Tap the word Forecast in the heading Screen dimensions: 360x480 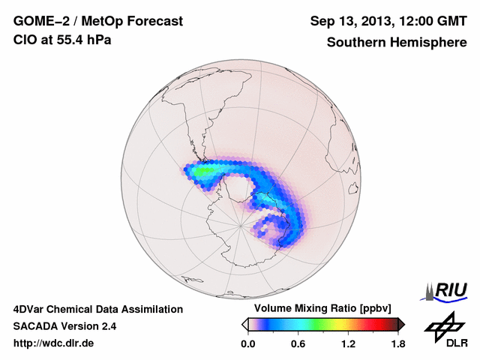(154, 22)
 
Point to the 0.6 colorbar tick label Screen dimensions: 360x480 (298, 344)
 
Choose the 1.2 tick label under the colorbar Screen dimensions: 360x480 (347, 344)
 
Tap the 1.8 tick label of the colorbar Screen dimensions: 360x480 (397, 344)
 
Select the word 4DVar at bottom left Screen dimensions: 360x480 (30, 309)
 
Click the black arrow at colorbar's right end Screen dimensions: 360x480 (401, 324)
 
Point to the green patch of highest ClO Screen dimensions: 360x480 (203, 171)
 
